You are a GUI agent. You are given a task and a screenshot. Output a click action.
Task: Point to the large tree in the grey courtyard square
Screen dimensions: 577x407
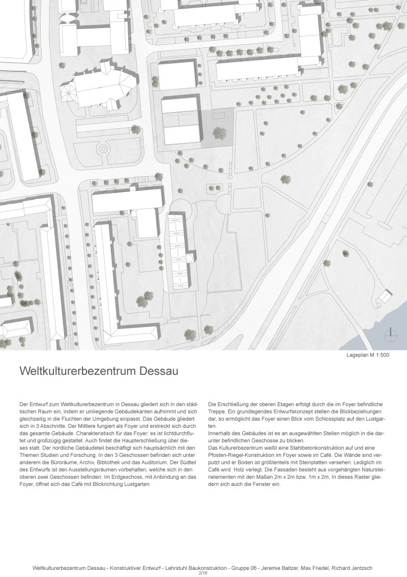point(219,133)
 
